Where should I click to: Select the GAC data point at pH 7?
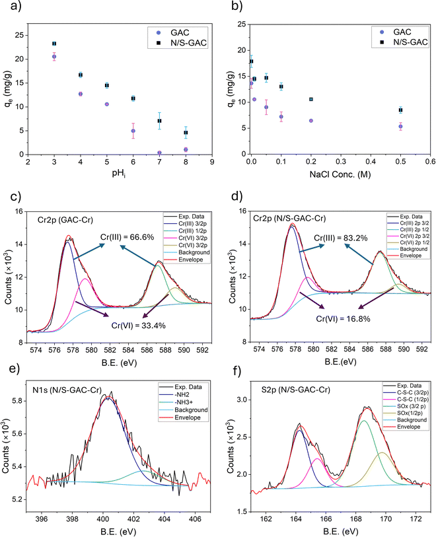pos(159,153)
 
